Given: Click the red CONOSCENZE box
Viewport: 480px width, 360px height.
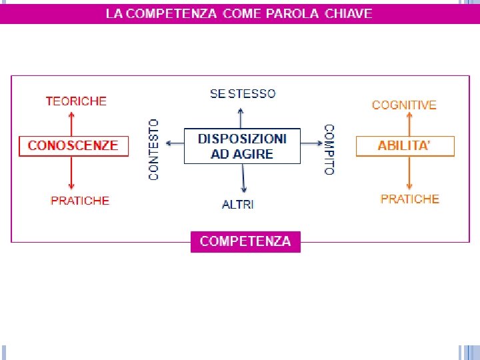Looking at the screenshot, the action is coord(73,145).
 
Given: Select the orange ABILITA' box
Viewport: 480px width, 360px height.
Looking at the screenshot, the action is coord(405,146).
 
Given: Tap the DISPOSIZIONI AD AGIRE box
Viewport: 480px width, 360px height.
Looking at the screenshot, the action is coord(242,146).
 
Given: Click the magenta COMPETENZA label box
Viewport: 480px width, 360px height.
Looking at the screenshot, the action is coord(245,241).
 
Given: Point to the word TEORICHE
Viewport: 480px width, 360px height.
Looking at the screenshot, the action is coord(76,101).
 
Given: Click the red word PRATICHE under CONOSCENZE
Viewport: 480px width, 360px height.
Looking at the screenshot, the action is coord(80,201).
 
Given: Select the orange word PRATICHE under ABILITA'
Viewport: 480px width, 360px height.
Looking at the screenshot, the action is coord(410,199).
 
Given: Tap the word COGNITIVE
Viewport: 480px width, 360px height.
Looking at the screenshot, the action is coord(404,105).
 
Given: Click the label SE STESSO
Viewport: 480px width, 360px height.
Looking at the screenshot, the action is coord(243,94).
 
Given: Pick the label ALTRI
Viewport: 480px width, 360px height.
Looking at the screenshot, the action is coord(238,205).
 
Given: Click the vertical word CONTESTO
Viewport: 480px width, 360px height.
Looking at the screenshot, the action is coord(154,149).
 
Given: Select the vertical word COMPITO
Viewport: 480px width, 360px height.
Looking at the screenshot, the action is coord(329,149).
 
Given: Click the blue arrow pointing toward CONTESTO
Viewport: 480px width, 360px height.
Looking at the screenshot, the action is coord(175,143).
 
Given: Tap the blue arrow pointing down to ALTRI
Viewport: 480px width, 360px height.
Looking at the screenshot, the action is coord(244,180).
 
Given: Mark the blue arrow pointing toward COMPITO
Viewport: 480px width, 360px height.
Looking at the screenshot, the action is coord(311,143).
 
